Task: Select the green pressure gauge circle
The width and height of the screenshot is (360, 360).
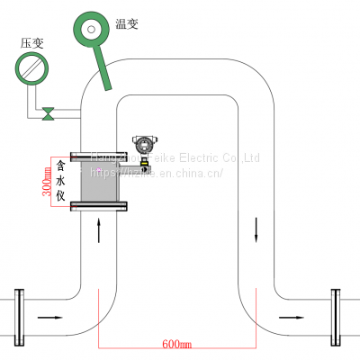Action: point(31,68)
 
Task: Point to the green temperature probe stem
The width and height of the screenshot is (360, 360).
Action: point(102,67)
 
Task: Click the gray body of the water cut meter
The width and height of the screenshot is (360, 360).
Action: point(99,184)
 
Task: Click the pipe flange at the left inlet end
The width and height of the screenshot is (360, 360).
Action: point(19,317)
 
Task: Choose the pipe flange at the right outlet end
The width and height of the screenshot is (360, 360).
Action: point(337,317)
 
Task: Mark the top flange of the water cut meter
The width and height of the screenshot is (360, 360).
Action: point(99,157)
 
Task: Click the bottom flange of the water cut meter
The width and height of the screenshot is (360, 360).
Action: point(99,208)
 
